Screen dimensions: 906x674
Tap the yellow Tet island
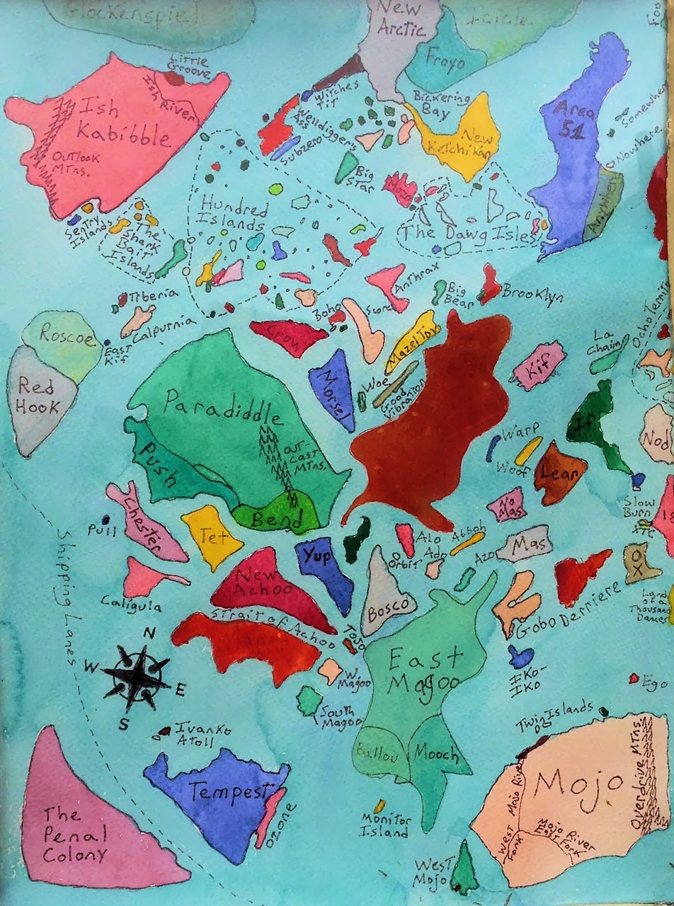click(210, 536)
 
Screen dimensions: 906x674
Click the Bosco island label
click(388, 607)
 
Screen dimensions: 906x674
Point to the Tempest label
click(221, 791)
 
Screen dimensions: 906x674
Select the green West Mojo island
click(464, 868)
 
